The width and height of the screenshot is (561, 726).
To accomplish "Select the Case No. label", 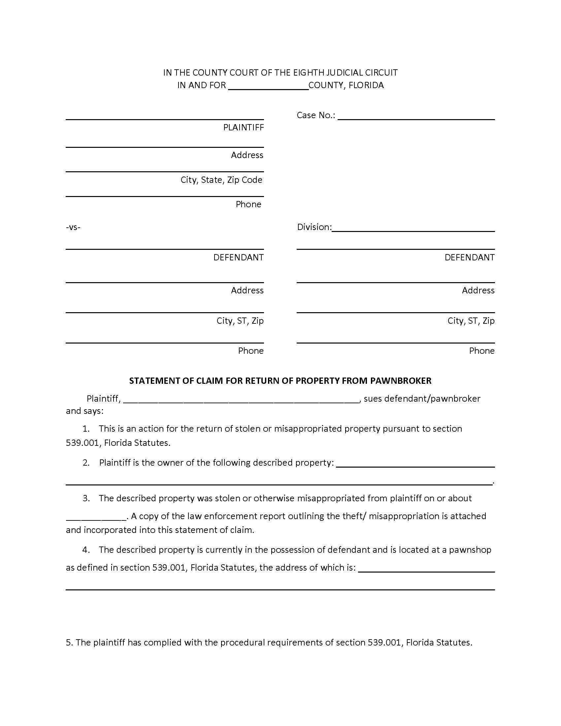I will (x=316, y=115).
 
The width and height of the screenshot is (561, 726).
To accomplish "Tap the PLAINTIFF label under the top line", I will (x=243, y=127).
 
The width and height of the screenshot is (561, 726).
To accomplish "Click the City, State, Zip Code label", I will (x=221, y=180).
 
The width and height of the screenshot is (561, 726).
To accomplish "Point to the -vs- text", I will (x=73, y=227).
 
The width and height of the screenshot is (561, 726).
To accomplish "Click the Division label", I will (x=314, y=227).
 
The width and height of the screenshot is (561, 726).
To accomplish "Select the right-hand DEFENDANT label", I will (x=469, y=257).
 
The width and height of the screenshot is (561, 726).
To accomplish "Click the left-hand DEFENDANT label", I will (x=238, y=257).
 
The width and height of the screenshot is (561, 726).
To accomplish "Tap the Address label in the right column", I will (x=478, y=290).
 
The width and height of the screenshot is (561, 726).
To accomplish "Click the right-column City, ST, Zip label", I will (x=471, y=320).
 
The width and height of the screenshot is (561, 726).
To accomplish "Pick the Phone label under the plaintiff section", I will (x=248, y=204).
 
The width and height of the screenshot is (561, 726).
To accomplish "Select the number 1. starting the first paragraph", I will (x=86, y=428).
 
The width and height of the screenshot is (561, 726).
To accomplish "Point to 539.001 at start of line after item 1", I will (x=82, y=443).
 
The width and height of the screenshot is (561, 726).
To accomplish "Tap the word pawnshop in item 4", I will (x=470, y=550).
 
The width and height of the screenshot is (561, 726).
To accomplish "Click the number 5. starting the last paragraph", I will (x=69, y=643).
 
